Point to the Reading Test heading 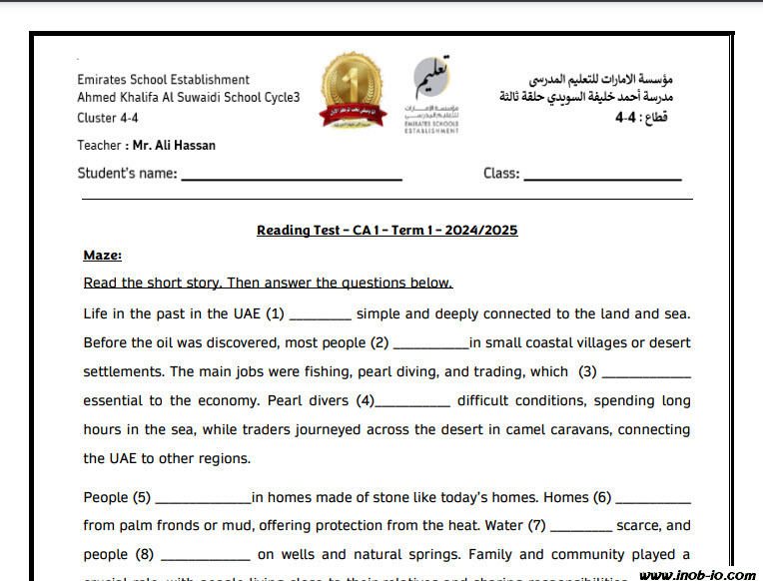click(x=386, y=231)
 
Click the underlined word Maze click(x=102, y=256)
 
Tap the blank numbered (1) click(x=320, y=317)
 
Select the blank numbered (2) click(x=431, y=346)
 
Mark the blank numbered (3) click(x=647, y=375)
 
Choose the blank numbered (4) click(x=413, y=404)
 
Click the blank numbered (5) click(x=204, y=501)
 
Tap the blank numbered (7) click(x=580, y=529)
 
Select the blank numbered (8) click(x=205, y=558)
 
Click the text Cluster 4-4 click(x=110, y=118)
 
